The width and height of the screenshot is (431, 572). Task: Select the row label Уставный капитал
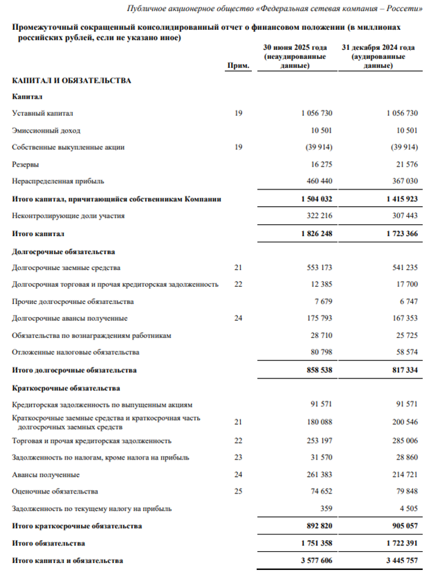43,112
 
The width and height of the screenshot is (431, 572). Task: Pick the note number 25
238,491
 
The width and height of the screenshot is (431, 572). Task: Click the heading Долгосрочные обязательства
63,251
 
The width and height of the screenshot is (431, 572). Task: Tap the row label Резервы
26,165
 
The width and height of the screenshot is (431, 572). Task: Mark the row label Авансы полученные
46,475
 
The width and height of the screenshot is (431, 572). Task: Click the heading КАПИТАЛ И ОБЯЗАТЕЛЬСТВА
71,81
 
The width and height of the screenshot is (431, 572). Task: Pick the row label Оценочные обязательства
55,491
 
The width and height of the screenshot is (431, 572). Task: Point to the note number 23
238,458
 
